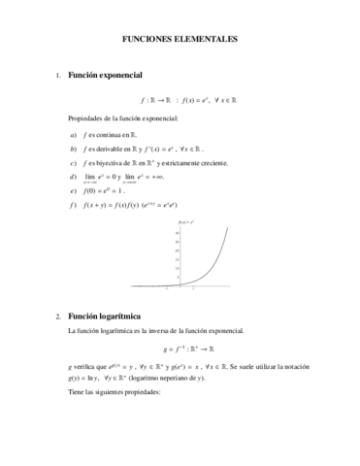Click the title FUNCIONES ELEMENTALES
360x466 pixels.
(x=179, y=41)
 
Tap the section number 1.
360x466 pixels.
(x=58, y=76)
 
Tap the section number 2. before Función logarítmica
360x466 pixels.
(x=58, y=316)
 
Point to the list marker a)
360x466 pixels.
(x=73, y=135)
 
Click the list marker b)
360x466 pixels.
(x=73, y=150)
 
